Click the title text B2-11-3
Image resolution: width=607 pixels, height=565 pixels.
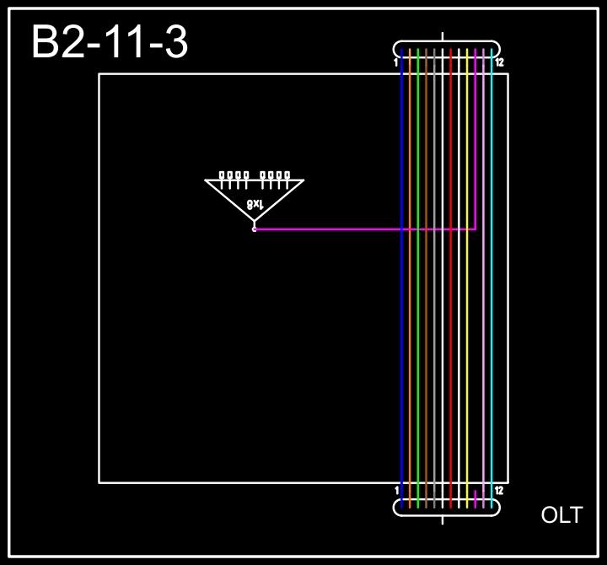[110, 42]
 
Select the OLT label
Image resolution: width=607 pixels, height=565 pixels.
[561, 515]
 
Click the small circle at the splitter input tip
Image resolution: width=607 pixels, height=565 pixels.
[254, 229]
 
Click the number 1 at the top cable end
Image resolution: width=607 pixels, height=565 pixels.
[396, 62]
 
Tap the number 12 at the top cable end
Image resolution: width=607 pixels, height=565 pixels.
[500, 62]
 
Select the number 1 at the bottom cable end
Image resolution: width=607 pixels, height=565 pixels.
[396, 490]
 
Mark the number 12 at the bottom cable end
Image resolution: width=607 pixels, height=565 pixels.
[500, 490]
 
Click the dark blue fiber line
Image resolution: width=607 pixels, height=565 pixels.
[402, 337]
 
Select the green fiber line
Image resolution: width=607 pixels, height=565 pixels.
[418, 337]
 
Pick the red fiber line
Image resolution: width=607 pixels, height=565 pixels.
[451, 337]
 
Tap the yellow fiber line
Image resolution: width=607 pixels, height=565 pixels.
[467, 337]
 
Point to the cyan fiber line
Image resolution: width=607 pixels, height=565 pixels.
[492, 337]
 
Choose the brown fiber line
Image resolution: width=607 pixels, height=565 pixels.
[427, 337]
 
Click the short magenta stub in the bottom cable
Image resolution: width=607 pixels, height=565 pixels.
[475, 499]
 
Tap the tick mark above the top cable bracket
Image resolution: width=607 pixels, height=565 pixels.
[443, 37]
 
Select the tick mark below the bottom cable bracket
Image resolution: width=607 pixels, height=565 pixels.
[443, 519]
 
